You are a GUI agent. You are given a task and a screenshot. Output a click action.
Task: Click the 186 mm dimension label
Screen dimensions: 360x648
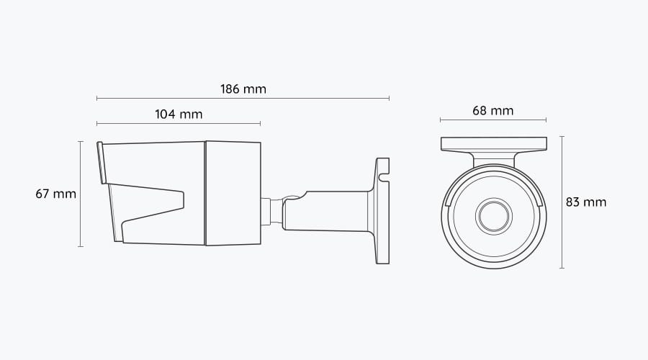(243, 89)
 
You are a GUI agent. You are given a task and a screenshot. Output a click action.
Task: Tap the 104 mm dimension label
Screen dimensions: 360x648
(179, 114)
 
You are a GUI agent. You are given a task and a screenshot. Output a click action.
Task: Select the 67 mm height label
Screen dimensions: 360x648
(55, 194)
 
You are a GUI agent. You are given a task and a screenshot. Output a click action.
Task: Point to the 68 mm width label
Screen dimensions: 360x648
(493, 110)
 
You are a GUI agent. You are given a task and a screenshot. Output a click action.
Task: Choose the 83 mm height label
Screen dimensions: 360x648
(586, 202)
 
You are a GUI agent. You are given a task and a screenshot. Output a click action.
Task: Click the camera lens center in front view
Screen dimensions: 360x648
(492, 215)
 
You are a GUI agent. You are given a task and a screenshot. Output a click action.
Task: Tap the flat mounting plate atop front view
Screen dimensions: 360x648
(493, 144)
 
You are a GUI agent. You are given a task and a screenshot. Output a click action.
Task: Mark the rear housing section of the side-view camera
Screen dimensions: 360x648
(233, 193)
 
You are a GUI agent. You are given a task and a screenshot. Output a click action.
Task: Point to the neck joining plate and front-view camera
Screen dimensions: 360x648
(493, 158)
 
